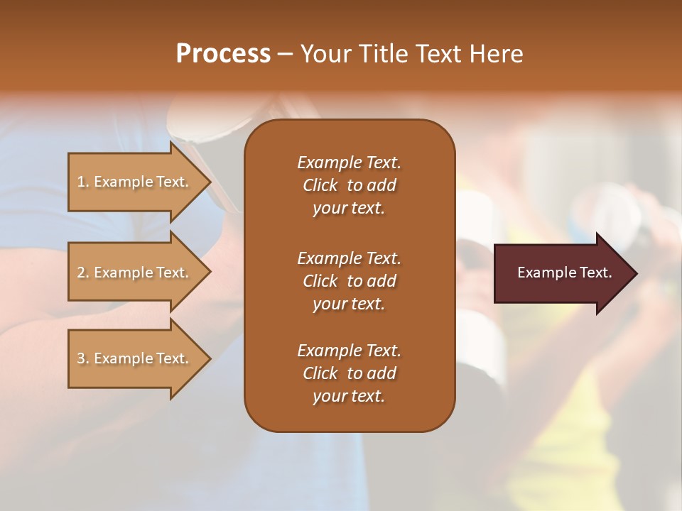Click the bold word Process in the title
pyautogui.click(x=223, y=54)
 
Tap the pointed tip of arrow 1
pyautogui.click(x=208, y=182)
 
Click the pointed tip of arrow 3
pyautogui.click(x=208, y=358)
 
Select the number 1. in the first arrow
pyautogui.click(x=83, y=182)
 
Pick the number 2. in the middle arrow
pyautogui.click(x=83, y=273)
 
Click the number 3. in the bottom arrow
pyautogui.click(x=83, y=358)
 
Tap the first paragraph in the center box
pyautogui.click(x=349, y=185)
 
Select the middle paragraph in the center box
pyautogui.click(x=349, y=281)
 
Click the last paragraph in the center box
pyautogui.click(x=349, y=373)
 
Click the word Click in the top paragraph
pyautogui.click(x=320, y=185)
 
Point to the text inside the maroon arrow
pyautogui.click(x=564, y=273)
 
